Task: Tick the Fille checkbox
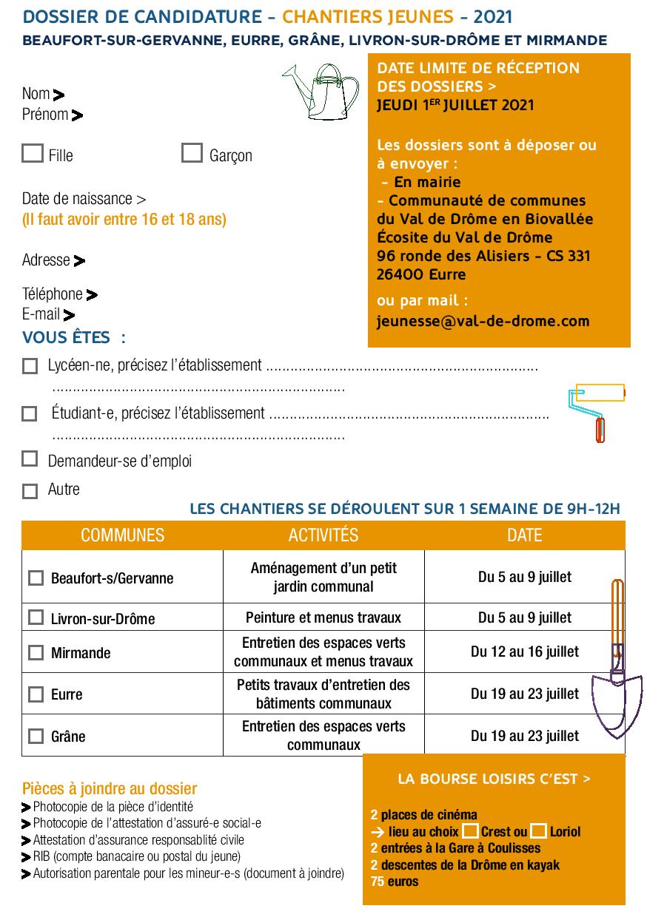click(x=33, y=153)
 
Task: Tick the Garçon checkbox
click(x=192, y=153)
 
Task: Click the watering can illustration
click(x=321, y=90)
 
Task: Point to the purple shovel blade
click(x=616, y=703)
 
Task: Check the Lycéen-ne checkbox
click(x=30, y=366)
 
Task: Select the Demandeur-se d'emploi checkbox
click(x=30, y=458)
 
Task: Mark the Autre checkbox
click(x=30, y=491)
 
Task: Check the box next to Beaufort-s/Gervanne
click(x=36, y=578)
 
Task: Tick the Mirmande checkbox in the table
click(x=36, y=652)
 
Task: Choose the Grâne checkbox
click(x=36, y=736)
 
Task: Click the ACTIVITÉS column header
click(x=323, y=535)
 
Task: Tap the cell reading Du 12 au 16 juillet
click(x=525, y=652)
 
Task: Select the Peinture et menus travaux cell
click(x=323, y=617)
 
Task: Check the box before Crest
click(x=470, y=831)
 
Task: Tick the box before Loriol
click(x=539, y=831)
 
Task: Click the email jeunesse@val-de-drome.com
click(x=483, y=321)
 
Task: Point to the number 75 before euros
click(x=378, y=882)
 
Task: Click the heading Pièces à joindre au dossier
click(x=110, y=788)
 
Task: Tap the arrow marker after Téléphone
click(x=92, y=295)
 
